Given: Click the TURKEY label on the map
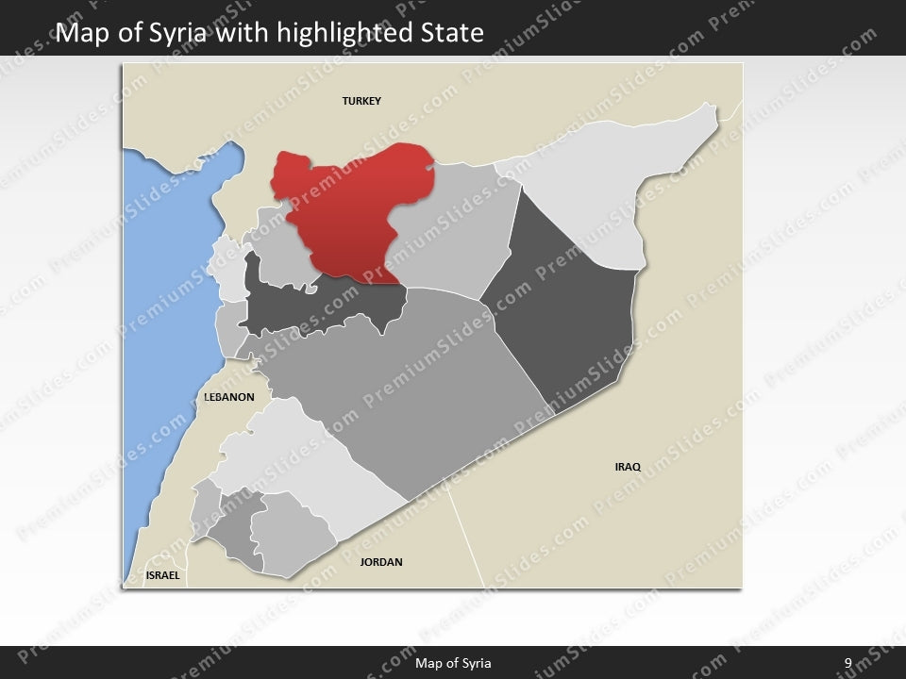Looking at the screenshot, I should (x=361, y=101).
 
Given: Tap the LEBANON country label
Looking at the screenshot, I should (x=229, y=397).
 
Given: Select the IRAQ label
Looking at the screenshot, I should (x=628, y=467).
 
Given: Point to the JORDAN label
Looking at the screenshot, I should (x=381, y=562).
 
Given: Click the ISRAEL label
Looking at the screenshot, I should (x=162, y=574).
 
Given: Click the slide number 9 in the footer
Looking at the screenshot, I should (x=848, y=663).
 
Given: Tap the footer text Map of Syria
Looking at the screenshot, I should (x=453, y=663).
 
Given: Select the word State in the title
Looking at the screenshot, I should (x=452, y=34).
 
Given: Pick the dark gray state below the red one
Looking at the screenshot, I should (x=321, y=306).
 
